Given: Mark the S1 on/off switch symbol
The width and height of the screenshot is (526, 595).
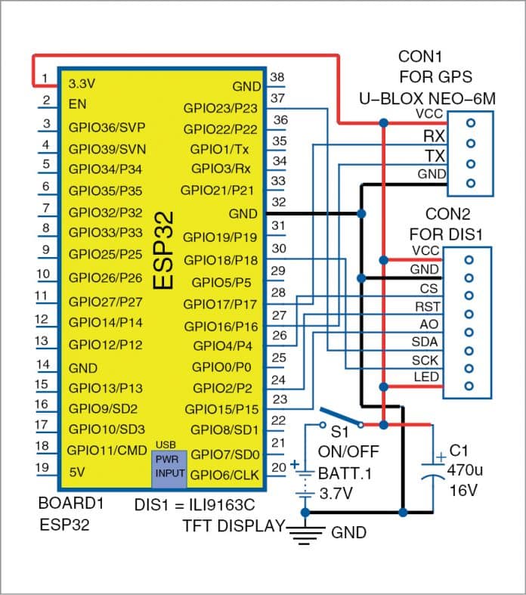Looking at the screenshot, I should pos(341,419).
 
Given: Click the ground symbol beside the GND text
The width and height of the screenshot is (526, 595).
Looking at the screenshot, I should pos(306,533).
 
